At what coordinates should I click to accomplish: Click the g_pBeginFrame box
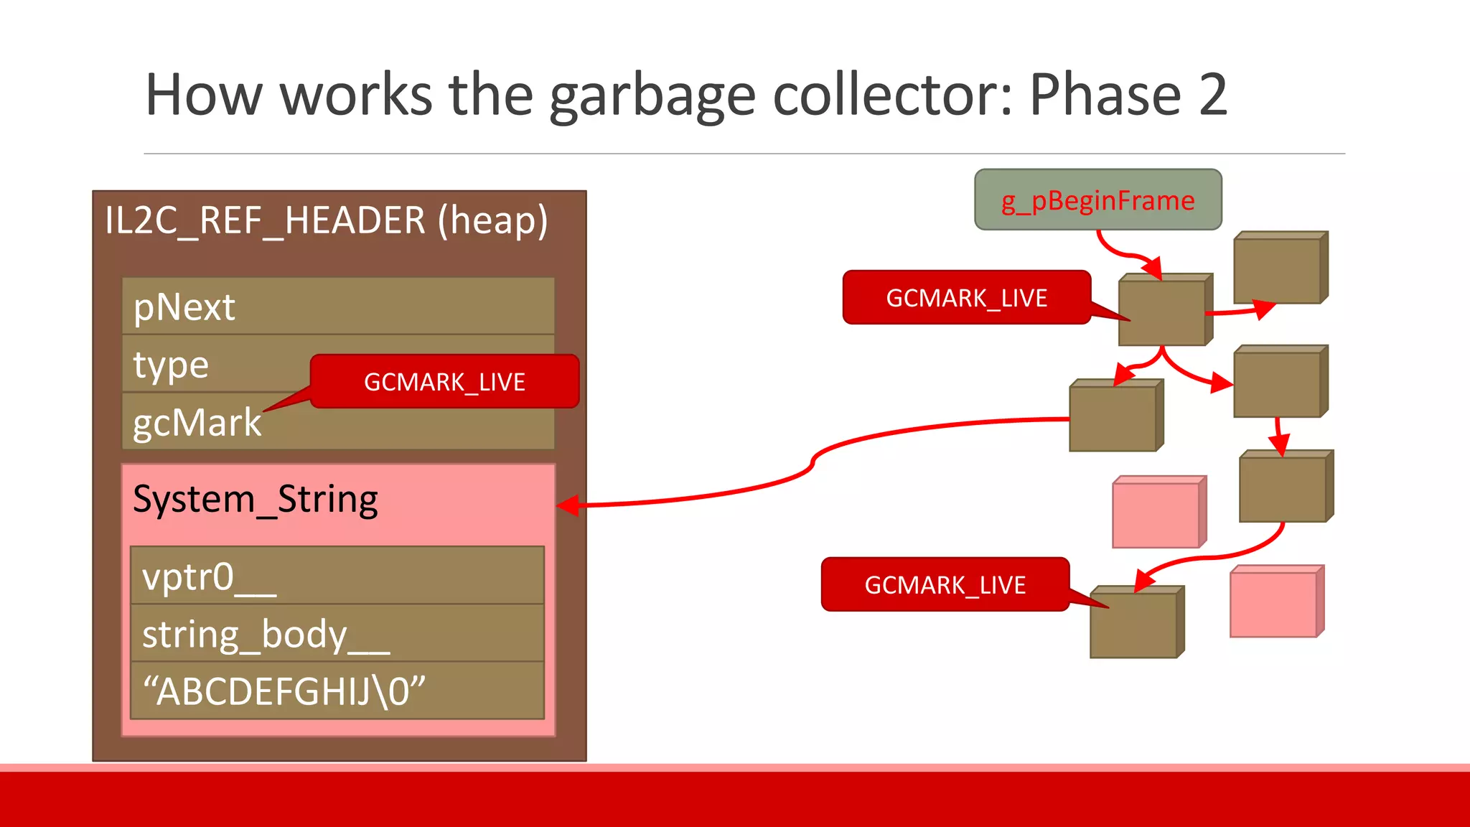[1097, 200]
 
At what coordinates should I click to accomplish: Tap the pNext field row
[338, 307]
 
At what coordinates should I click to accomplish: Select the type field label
[171, 365]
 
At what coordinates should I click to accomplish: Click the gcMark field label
[197, 423]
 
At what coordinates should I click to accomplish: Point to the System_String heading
[256, 500]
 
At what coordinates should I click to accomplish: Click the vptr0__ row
[337, 576]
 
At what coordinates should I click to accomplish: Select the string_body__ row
[337, 634]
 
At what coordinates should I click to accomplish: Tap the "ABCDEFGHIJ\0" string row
[337, 691]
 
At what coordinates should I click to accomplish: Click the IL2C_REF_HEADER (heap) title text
[326, 220]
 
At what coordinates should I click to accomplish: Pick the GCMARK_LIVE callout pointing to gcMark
[444, 382]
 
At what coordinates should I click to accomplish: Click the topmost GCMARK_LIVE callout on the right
[966, 298]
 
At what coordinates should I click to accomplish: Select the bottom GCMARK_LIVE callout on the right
[945, 585]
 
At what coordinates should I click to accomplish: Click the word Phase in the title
[1105, 95]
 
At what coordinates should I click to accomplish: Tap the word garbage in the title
[652, 96]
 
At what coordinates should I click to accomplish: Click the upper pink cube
[1156, 514]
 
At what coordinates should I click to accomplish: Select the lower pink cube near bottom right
[1273, 604]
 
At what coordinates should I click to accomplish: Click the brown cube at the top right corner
[1278, 270]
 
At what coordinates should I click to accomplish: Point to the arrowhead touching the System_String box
[567, 505]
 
